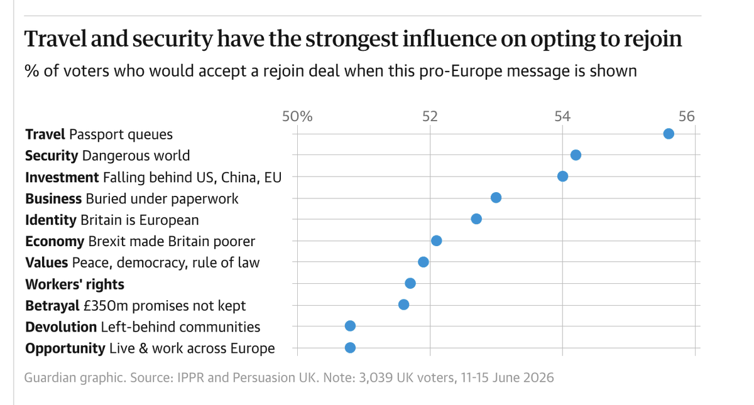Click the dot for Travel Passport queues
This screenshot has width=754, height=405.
(669, 134)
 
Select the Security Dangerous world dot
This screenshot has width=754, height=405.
(576, 155)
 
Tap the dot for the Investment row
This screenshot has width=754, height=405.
(562, 176)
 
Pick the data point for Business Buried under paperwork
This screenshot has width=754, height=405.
(496, 198)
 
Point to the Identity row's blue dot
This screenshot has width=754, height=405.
(476, 219)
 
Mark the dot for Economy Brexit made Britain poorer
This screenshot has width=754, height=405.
(436, 241)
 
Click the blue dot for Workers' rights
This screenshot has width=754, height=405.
(410, 284)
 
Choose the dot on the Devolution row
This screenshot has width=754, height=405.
(350, 326)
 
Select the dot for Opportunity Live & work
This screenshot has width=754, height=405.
(350, 348)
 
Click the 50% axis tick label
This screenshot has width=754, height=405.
(297, 116)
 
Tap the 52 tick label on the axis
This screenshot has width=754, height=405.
(430, 116)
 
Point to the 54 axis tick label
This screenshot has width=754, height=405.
(562, 116)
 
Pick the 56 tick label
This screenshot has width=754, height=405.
(687, 116)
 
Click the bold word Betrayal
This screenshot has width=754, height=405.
(52, 306)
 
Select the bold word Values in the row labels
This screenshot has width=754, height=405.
(46, 262)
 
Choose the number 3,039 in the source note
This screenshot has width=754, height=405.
(376, 377)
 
